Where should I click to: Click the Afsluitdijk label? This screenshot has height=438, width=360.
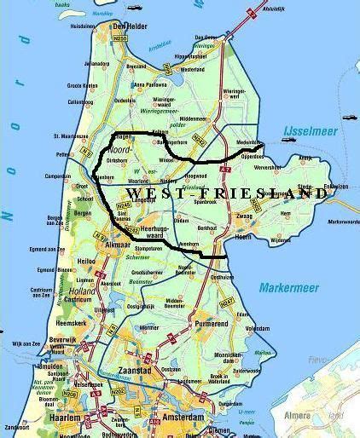tap(275, 9)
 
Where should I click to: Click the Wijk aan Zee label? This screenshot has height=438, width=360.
tap(26, 343)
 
